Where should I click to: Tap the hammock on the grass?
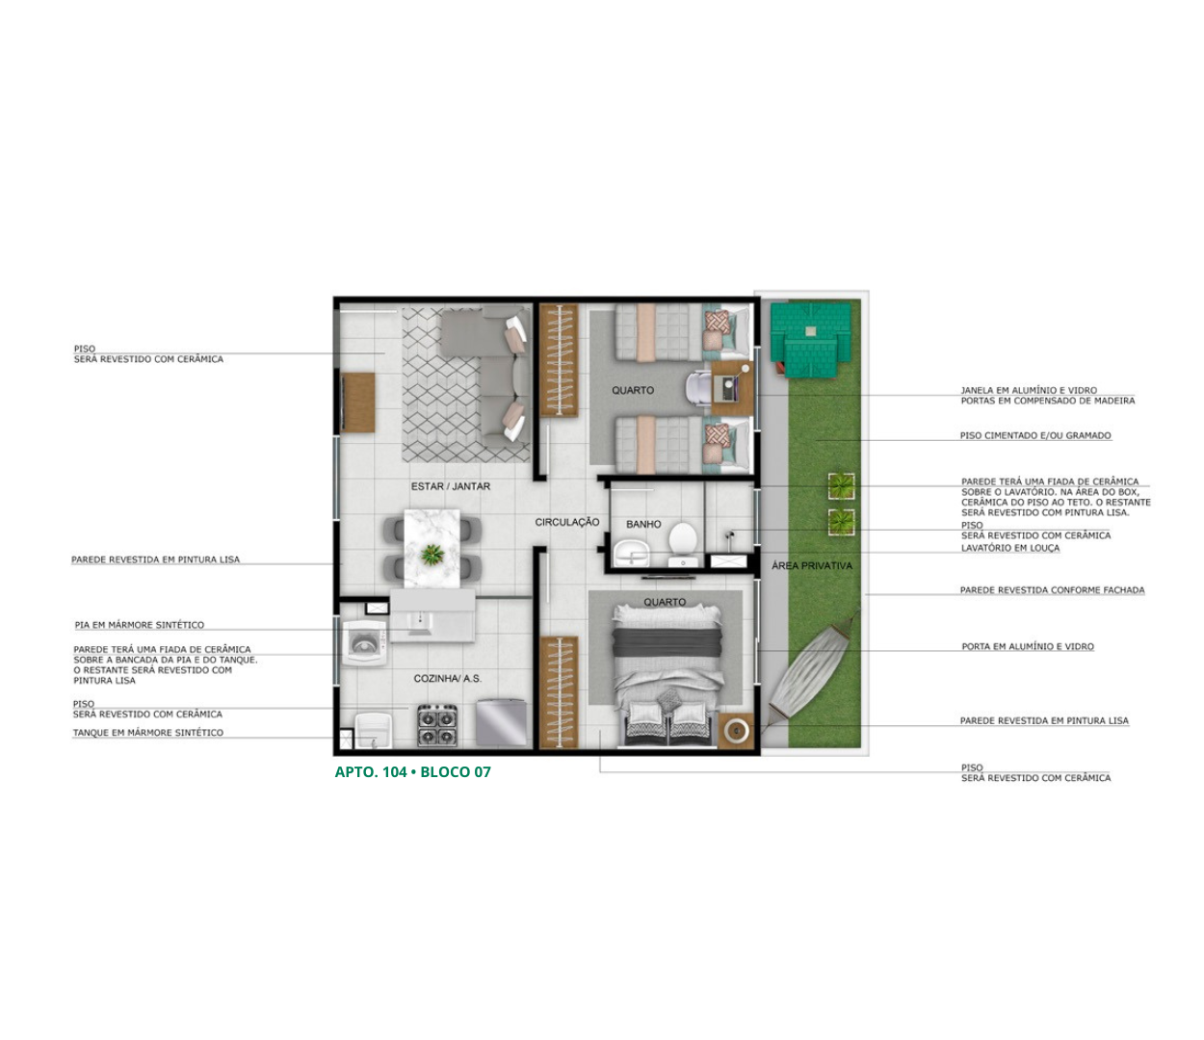coord(813,677)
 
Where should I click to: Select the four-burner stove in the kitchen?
coord(437,725)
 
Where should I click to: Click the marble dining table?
coord(432,548)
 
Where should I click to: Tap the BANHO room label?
coord(643,524)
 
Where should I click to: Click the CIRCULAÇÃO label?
coord(566,522)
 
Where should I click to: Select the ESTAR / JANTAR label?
coord(450,486)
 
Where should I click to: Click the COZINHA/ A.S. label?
coord(447,678)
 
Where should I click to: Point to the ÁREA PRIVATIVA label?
coord(811,565)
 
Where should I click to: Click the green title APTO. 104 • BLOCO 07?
coord(412,772)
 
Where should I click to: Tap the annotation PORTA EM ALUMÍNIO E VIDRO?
coord(1028,646)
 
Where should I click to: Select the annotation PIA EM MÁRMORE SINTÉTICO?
coord(140,625)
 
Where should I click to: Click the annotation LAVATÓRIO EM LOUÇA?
coord(1010,548)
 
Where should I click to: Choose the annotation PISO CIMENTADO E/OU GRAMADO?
coord(1035,435)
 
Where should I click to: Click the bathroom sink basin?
coord(632,552)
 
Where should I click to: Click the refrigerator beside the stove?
coord(502,722)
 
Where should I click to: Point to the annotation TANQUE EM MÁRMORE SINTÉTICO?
coord(148,733)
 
